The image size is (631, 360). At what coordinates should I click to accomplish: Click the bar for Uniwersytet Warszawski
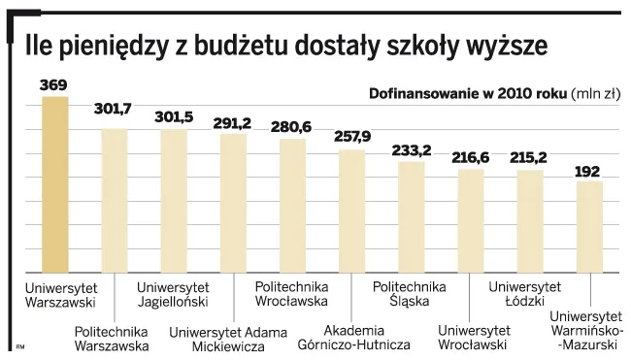coord(55,184)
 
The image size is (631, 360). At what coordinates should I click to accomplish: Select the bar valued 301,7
coord(115,201)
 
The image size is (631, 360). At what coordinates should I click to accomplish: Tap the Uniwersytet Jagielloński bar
coord(174,201)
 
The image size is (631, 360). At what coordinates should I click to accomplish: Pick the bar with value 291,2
coord(233,203)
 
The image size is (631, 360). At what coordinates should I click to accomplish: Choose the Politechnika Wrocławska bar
coord(292,206)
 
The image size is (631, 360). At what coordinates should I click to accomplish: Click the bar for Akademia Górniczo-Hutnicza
coord(351,212)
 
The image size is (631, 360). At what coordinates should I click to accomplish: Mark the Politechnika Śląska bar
coord(412,217)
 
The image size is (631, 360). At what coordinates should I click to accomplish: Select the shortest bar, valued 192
coord(589,227)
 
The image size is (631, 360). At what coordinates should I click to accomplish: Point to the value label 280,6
coord(291,127)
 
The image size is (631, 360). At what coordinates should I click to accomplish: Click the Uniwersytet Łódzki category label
coord(524,293)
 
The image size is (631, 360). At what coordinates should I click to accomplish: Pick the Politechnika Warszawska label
coord(112,338)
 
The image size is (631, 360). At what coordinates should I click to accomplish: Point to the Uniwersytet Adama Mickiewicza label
coord(229,339)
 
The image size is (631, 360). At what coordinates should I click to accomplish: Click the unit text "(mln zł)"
coord(597,94)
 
